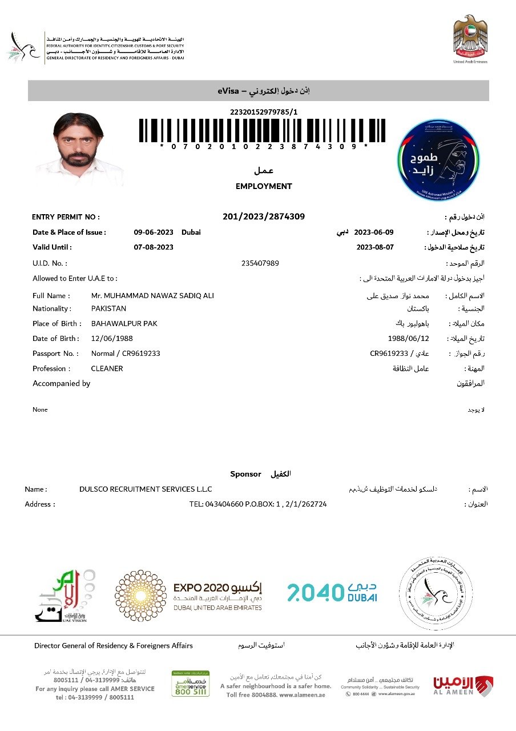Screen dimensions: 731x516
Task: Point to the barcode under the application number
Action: [x=263, y=130]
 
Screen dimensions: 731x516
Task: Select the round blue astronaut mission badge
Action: [x=438, y=159]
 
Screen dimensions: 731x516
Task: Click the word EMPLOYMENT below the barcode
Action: [x=264, y=186]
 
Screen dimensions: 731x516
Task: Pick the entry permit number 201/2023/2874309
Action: [x=264, y=216]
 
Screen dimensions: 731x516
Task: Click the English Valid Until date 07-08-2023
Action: [x=154, y=247]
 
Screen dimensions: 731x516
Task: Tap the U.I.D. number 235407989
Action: [x=260, y=263]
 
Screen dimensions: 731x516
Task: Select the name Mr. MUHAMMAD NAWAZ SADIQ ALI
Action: [x=152, y=296]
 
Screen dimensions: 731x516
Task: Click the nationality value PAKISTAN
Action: [x=108, y=308]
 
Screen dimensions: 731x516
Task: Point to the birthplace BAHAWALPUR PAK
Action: [x=124, y=324]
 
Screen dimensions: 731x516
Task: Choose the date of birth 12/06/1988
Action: [x=112, y=339]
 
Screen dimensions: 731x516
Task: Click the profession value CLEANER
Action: [x=107, y=368]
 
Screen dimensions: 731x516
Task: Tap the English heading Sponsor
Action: [x=245, y=474]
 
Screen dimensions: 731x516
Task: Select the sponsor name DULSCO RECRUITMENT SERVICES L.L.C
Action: [x=146, y=489]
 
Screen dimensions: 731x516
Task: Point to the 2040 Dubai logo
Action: [x=331, y=593]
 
